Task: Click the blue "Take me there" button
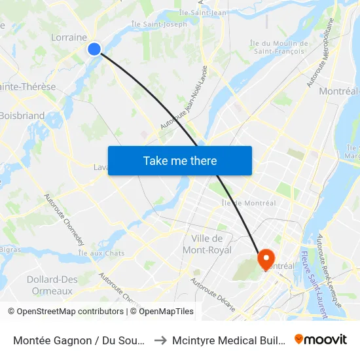(180, 160)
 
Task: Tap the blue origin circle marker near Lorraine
(94, 48)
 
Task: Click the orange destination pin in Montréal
(266, 259)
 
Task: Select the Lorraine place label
(69, 37)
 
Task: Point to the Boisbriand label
(22, 116)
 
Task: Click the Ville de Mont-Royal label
(207, 243)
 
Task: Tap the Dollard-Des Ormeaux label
(52, 285)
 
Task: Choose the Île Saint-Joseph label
(159, 24)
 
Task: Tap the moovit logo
(320, 339)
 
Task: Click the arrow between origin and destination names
(159, 340)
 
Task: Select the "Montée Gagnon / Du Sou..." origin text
(78, 340)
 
